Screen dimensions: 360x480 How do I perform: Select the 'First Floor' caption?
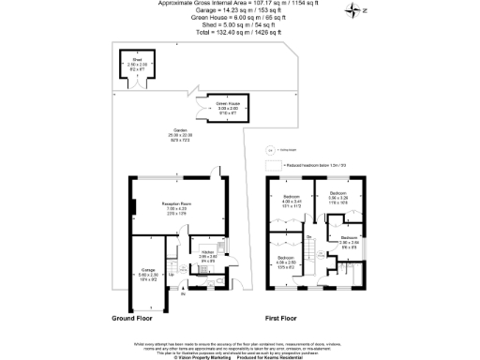[x=282, y=318]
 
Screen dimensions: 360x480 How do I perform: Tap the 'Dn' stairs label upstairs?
[x=308, y=238]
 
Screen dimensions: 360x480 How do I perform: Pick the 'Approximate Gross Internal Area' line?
[x=238, y=5]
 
